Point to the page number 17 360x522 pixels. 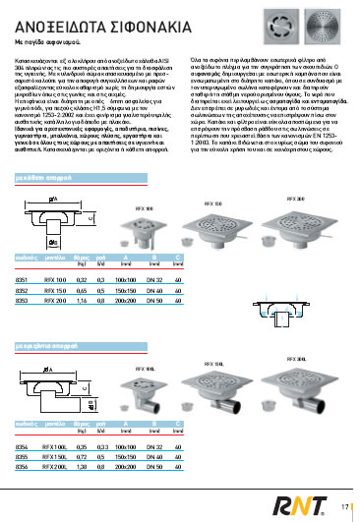tap(345, 506)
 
